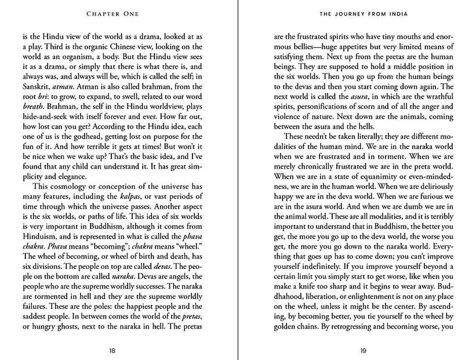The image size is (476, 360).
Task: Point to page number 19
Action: point(363,350)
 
